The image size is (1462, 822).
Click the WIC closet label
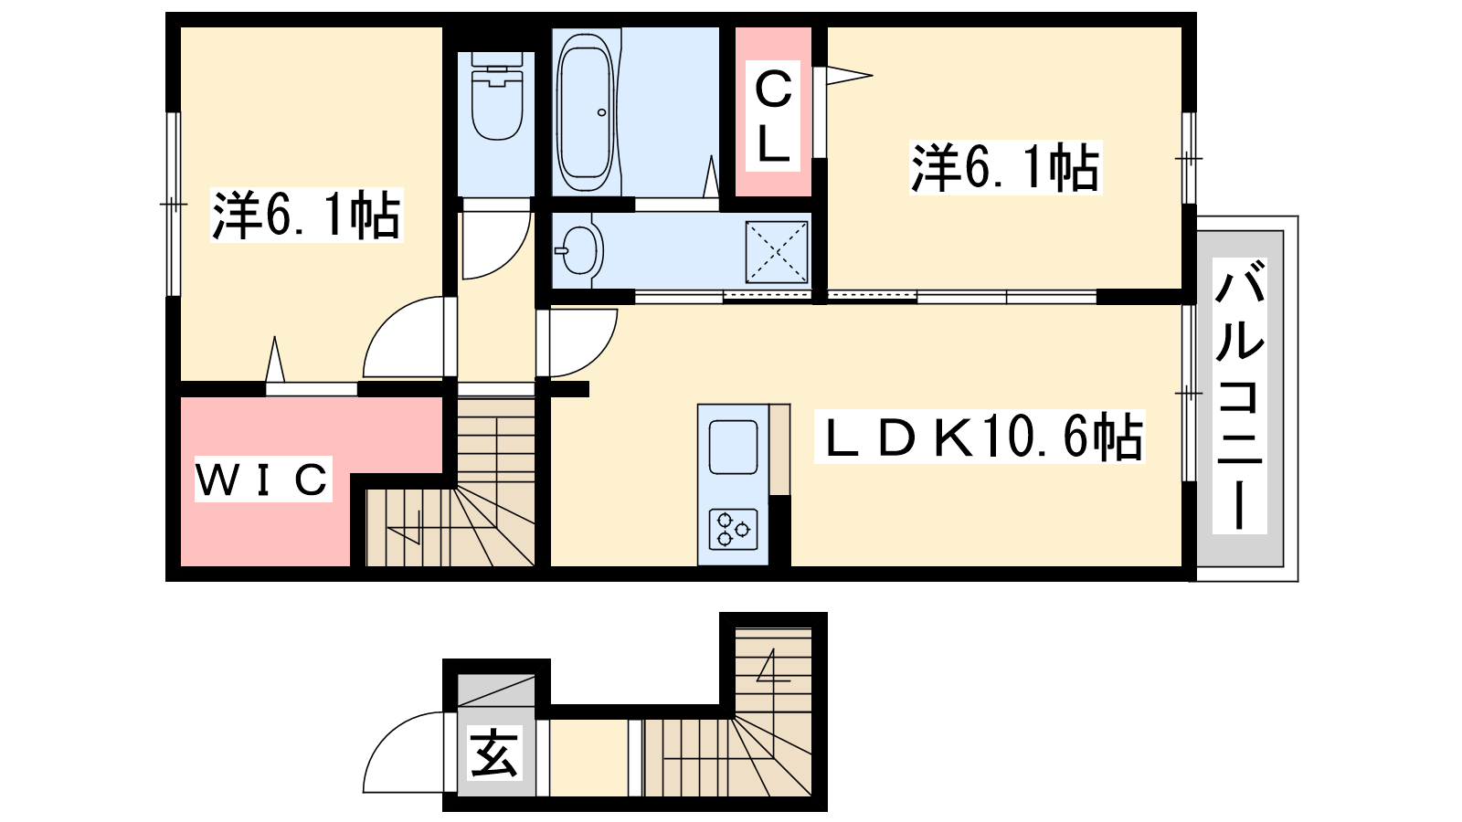coord(263,479)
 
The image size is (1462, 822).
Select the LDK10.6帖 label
coord(980,436)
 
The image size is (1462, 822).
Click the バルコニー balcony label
coord(1239,395)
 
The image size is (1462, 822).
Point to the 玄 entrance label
coord(494,753)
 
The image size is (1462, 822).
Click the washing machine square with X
coord(777,252)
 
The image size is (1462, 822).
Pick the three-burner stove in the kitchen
coord(734,529)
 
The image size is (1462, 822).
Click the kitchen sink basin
coord(734,448)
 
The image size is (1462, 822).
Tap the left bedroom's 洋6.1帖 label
coord(306,215)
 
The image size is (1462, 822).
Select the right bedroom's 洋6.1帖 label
coord(1006,167)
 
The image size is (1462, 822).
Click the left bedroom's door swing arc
coord(385,320)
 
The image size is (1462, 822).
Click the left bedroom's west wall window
coord(173,205)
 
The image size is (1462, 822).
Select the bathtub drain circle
coord(602,112)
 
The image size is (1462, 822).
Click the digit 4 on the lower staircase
coord(773,666)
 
